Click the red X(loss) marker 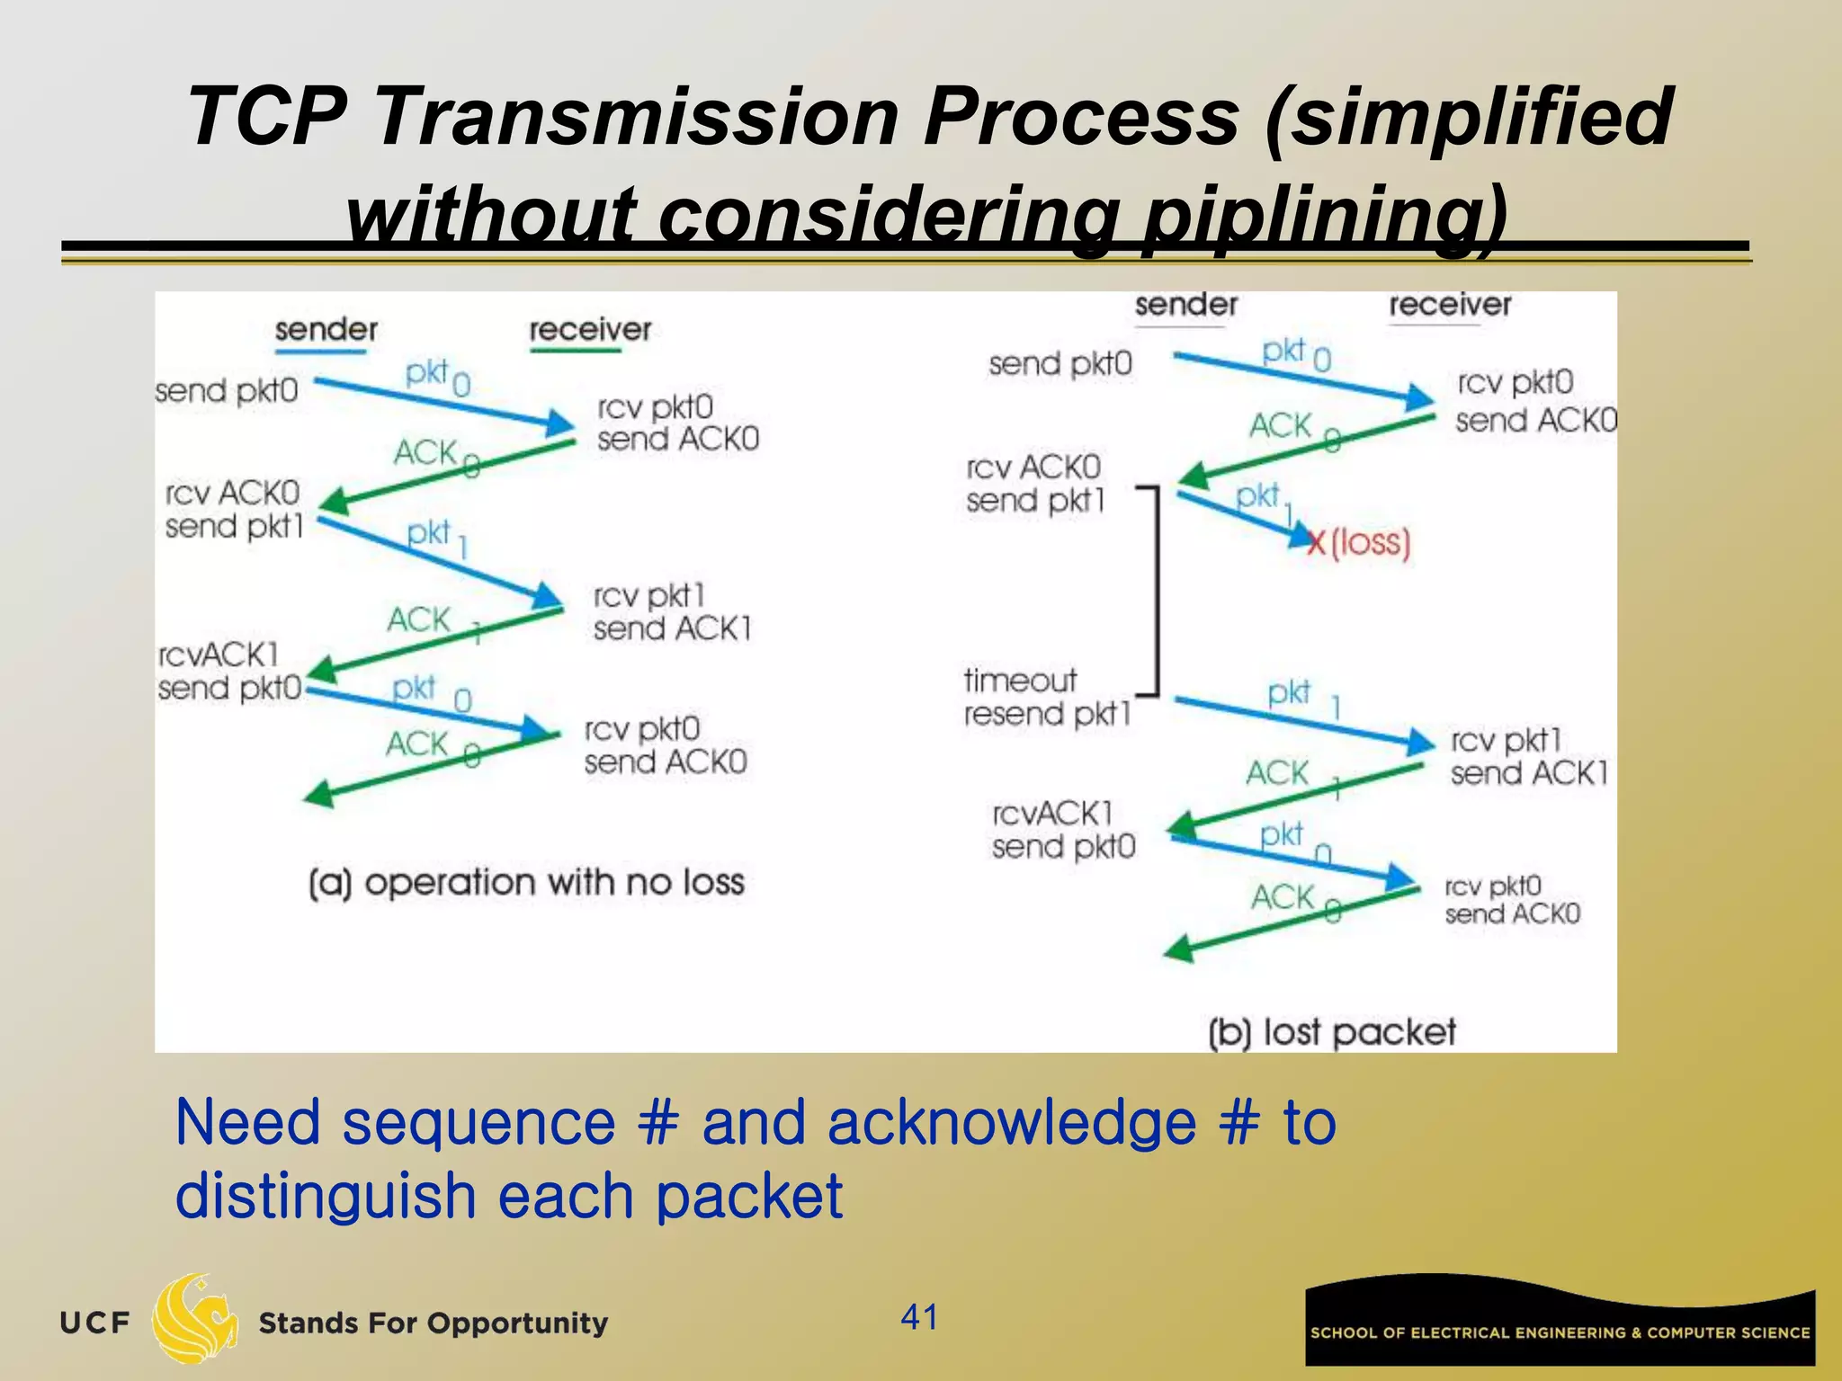[1358, 542]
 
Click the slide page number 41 [919, 1317]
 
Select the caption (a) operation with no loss [526, 883]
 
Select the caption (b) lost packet [1331, 1032]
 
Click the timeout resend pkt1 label [1046, 698]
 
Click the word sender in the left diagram [326, 329]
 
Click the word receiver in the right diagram [1450, 305]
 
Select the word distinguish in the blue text [326, 1197]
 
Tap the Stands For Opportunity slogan [433, 1323]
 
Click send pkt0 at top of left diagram [226, 391]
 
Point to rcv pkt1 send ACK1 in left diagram [671, 612]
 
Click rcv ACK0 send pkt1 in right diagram [1034, 484]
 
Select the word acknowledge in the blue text [1012, 1123]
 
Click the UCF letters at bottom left [94, 1323]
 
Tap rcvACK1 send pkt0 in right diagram [1063, 830]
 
